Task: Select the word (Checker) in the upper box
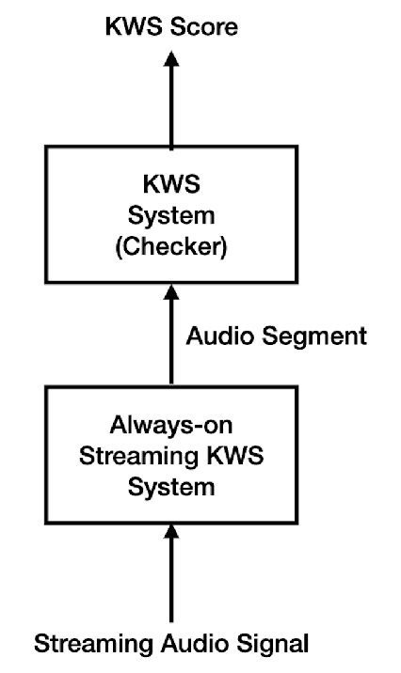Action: pos(172,249)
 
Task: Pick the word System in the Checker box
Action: pos(172,217)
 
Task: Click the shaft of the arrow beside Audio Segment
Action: pos(171,348)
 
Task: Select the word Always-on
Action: pos(172,428)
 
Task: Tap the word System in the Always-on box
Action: pos(172,490)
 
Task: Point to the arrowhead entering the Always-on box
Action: pos(171,534)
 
